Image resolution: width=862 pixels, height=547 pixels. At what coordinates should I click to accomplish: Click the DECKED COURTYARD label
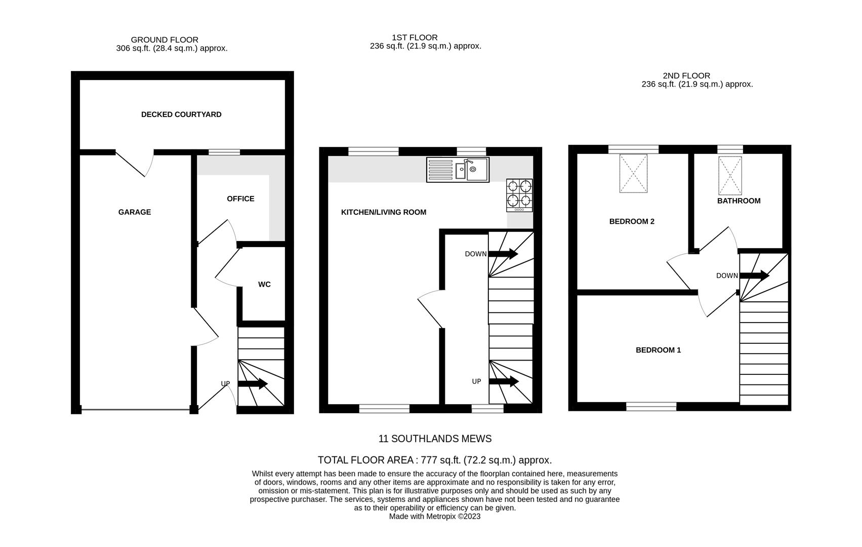click(x=181, y=114)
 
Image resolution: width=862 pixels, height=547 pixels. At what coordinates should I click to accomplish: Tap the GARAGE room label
click(x=135, y=212)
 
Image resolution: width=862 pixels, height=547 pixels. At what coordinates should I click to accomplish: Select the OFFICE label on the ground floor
click(x=240, y=199)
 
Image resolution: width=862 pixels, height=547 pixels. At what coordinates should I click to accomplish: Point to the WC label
click(x=264, y=285)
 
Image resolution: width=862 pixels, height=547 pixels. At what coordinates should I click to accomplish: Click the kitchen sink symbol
click(x=458, y=170)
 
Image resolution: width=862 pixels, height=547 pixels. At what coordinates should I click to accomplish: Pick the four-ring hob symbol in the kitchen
click(x=520, y=195)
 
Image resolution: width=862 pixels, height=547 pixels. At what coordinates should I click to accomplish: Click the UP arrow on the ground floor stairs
click(x=253, y=384)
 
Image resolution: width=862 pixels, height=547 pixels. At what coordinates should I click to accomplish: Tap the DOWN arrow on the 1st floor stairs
click(x=503, y=254)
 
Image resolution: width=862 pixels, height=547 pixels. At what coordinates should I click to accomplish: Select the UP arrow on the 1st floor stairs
click(x=504, y=381)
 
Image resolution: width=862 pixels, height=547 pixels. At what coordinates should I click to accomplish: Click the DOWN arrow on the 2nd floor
click(x=754, y=276)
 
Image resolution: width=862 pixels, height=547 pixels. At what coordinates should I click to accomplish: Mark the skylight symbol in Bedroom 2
click(x=633, y=173)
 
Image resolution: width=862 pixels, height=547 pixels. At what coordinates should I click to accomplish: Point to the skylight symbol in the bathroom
click(x=730, y=176)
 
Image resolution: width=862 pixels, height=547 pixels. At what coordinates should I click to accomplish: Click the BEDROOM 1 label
click(x=658, y=350)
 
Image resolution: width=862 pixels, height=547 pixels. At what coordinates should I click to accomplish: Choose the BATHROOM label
click(x=738, y=201)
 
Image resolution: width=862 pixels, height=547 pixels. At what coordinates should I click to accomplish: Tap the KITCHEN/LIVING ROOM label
click(x=384, y=212)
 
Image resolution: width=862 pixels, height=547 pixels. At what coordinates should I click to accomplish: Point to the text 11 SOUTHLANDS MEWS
click(x=435, y=439)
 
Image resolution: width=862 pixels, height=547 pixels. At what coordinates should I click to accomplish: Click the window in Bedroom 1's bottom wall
click(x=651, y=406)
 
